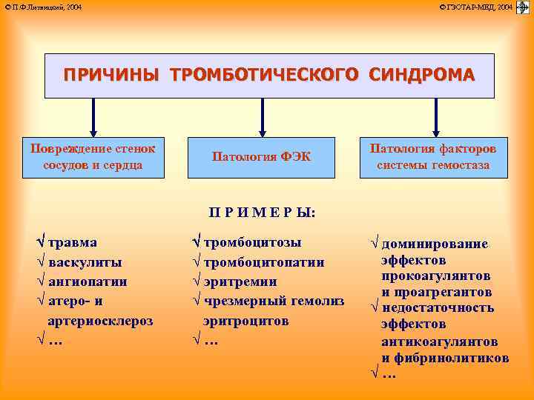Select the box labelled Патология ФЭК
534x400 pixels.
[x=261, y=157]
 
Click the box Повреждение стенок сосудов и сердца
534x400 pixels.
[x=93, y=157]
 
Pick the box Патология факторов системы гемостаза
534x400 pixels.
[x=433, y=157]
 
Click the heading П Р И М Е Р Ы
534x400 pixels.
[x=262, y=213]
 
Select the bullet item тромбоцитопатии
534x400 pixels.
[x=263, y=262]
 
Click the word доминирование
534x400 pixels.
[x=435, y=244]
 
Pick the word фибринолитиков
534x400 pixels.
[x=455, y=358]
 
